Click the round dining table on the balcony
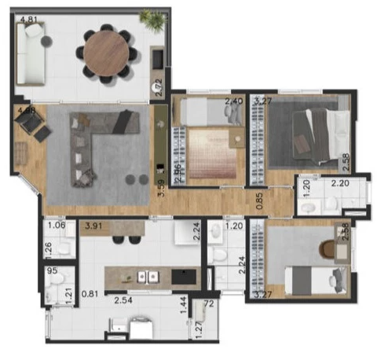click(x=105, y=52)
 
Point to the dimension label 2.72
click(x=159, y=87)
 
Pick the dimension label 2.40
click(x=234, y=101)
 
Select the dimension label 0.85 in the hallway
click(x=259, y=200)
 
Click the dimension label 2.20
click(x=340, y=184)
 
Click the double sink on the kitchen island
click(x=148, y=277)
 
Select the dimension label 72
click(x=209, y=303)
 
